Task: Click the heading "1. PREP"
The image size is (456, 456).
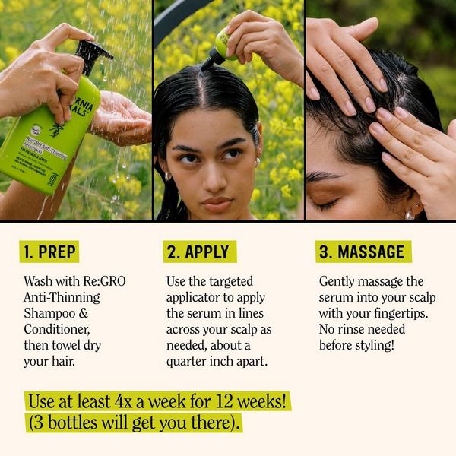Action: [x=50, y=252]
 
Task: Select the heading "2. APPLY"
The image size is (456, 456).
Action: [x=200, y=252]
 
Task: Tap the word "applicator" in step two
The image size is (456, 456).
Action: [x=195, y=297]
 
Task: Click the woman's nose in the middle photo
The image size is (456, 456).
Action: [x=214, y=179]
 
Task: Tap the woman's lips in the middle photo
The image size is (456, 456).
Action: [x=216, y=203]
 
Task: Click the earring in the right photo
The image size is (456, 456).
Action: [x=410, y=214]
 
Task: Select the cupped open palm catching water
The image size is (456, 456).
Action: [x=122, y=118]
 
